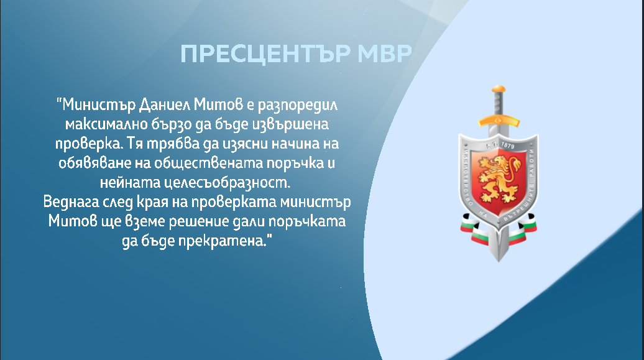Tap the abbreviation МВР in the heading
coord(385,53)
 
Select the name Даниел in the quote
coord(164,105)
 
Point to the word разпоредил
coord(298,106)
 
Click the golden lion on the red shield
coord(499,180)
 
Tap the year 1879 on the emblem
coord(507,145)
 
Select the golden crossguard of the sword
coord(499,121)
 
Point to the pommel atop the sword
coord(499,88)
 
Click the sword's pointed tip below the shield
coord(499,261)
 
